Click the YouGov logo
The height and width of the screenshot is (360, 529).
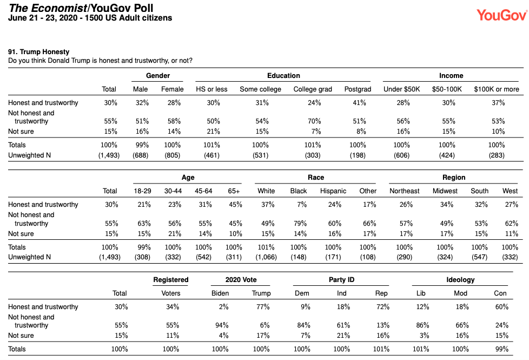coord(501,15)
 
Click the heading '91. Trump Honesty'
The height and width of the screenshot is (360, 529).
coord(39,51)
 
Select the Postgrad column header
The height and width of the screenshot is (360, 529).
coord(358,89)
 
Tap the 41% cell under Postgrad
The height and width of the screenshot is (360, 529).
coord(359,103)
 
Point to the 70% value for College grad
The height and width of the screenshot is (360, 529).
coord(314,121)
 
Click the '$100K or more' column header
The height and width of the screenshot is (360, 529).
coord(496,89)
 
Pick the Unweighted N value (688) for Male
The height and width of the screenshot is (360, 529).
coord(140,155)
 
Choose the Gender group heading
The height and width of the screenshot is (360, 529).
coord(158,76)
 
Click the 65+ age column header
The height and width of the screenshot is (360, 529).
coord(234,191)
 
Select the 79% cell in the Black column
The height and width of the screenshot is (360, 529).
coord(300,224)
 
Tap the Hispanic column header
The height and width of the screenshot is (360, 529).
coord(333,191)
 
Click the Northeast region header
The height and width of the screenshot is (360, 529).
coord(404,191)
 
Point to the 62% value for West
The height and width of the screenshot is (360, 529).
coord(512,224)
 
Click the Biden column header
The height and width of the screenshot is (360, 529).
coord(220,293)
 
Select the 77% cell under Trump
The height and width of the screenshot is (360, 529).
coord(263,306)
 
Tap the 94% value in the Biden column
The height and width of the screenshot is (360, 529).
coord(222,325)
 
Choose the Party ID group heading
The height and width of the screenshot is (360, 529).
coord(341,280)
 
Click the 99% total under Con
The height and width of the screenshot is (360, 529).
coord(501,349)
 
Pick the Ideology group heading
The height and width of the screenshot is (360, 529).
coord(460,280)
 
